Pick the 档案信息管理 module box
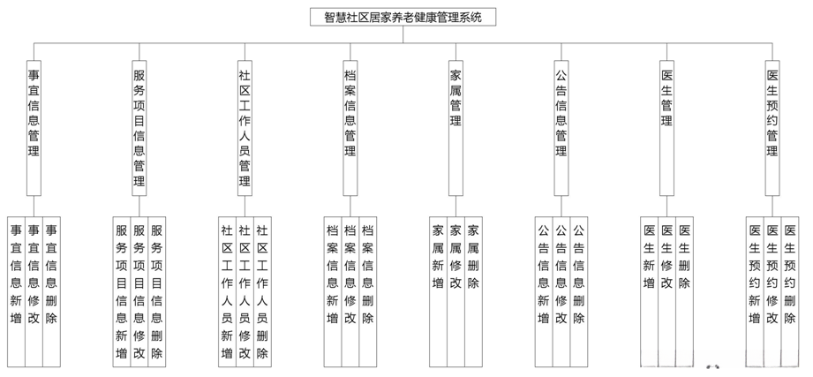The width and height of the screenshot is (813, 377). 350,115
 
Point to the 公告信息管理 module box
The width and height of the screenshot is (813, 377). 561,115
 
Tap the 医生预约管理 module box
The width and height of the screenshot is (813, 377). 772,115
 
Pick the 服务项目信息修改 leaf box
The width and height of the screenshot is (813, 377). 139,291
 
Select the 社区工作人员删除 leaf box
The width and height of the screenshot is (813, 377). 262,291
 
